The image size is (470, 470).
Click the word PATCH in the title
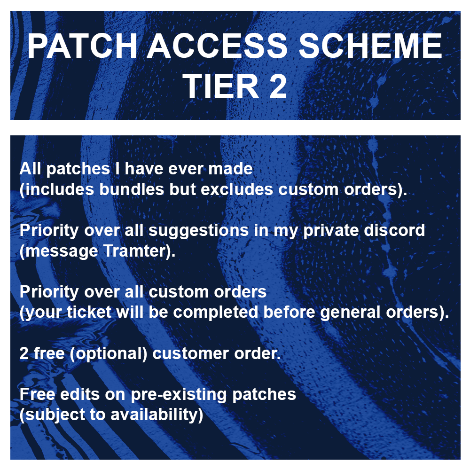82,46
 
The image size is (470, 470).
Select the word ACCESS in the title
217,46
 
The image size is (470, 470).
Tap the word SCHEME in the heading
370,46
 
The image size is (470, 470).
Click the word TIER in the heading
221,86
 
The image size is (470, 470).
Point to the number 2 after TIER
278,86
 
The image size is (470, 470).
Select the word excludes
237,189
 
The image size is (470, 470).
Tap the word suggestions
198,231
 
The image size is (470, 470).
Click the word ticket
89,312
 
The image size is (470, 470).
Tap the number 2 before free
23,353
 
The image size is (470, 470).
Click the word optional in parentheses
108,354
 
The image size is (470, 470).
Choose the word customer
190,353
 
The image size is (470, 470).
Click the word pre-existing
179,395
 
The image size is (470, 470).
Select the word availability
154,415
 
